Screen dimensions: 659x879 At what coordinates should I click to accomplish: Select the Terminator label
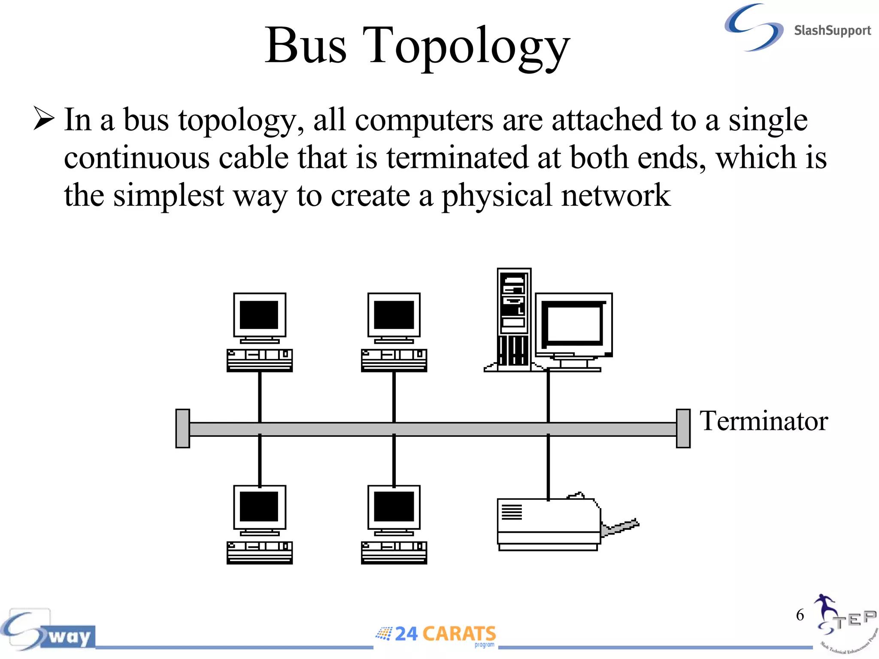tap(763, 421)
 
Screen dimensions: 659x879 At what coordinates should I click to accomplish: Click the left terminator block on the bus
tap(183, 429)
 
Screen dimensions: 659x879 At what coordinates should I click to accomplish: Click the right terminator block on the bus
tap(683, 429)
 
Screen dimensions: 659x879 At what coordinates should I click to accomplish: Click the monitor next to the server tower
tap(573, 325)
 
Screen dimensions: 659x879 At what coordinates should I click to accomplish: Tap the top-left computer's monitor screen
tap(259, 315)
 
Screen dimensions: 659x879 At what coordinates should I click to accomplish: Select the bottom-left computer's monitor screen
tap(259, 507)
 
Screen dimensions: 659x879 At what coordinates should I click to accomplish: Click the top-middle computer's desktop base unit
tap(394, 360)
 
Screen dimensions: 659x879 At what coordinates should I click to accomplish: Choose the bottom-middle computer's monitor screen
tap(394, 507)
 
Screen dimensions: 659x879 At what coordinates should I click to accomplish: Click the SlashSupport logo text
tap(832, 31)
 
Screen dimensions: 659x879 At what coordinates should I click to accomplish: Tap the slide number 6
tap(800, 615)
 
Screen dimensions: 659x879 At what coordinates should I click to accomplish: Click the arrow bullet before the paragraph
tap(44, 119)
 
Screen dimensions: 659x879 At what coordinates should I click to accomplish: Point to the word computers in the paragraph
tap(424, 120)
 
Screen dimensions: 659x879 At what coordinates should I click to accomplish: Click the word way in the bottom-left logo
tap(70, 637)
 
